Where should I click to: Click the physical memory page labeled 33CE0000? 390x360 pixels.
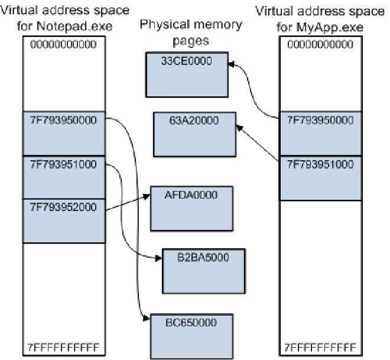tap(186, 74)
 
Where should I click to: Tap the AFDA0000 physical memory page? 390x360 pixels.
tap(184, 208)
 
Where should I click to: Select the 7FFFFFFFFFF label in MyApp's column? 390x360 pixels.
tap(320, 346)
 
